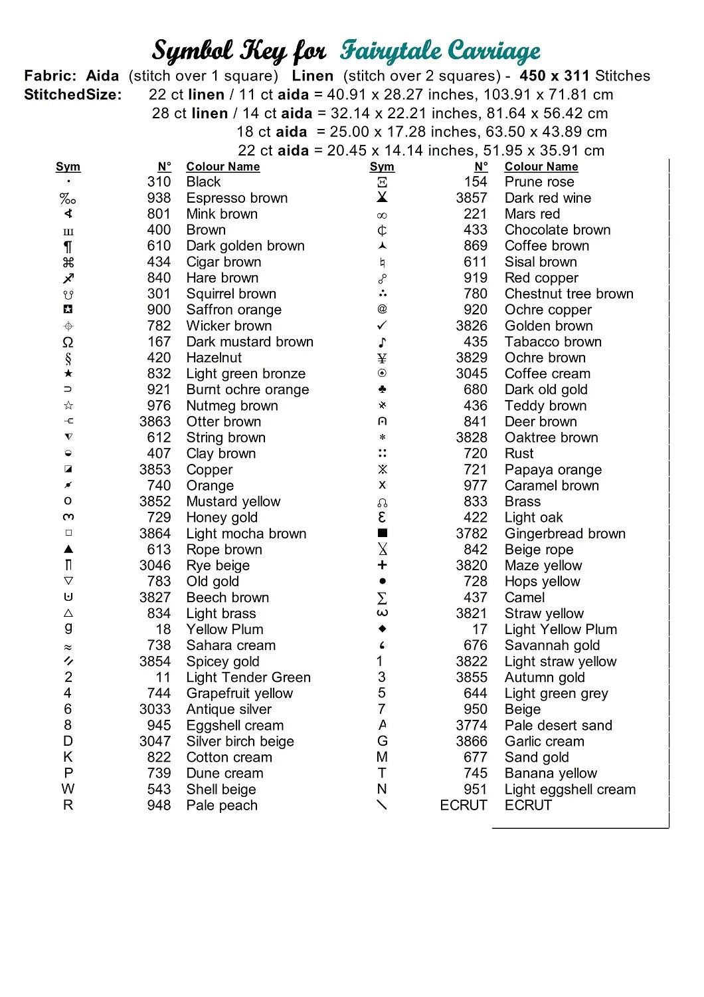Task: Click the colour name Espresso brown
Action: (237, 198)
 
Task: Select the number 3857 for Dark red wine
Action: (472, 198)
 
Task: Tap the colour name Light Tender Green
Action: (248, 677)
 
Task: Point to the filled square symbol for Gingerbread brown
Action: (383, 533)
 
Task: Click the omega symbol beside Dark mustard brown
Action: (68, 342)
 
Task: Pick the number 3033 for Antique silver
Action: (155, 709)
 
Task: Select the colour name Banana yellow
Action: (551, 773)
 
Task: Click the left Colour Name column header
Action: (223, 167)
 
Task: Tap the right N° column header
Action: (481, 167)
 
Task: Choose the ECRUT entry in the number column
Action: (464, 805)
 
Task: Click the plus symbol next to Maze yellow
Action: (382, 565)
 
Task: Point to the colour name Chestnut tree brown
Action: (569, 294)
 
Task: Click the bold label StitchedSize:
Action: (73, 94)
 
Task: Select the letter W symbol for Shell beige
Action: (68, 789)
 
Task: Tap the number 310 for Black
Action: (159, 182)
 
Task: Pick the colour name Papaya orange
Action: (553, 469)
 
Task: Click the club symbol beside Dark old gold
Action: (382, 389)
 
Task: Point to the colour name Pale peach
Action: (222, 805)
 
